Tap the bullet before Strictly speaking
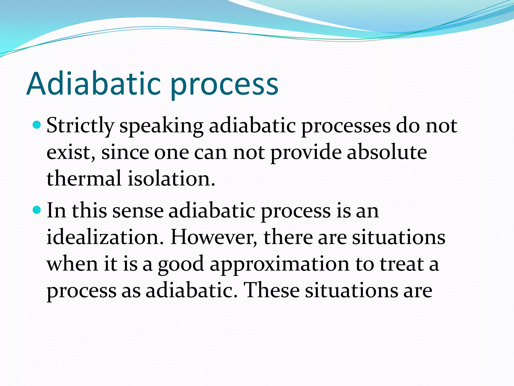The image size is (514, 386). click(x=37, y=125)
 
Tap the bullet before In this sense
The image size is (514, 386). click(x=37, y=210)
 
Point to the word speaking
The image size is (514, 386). click(x=161, y=126)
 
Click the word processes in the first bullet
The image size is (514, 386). click(x=346, y=126)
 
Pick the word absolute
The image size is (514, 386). click(x=387, y=153)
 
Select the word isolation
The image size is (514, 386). click(x=171, y=178)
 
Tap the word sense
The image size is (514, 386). click(x=138, y=211)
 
